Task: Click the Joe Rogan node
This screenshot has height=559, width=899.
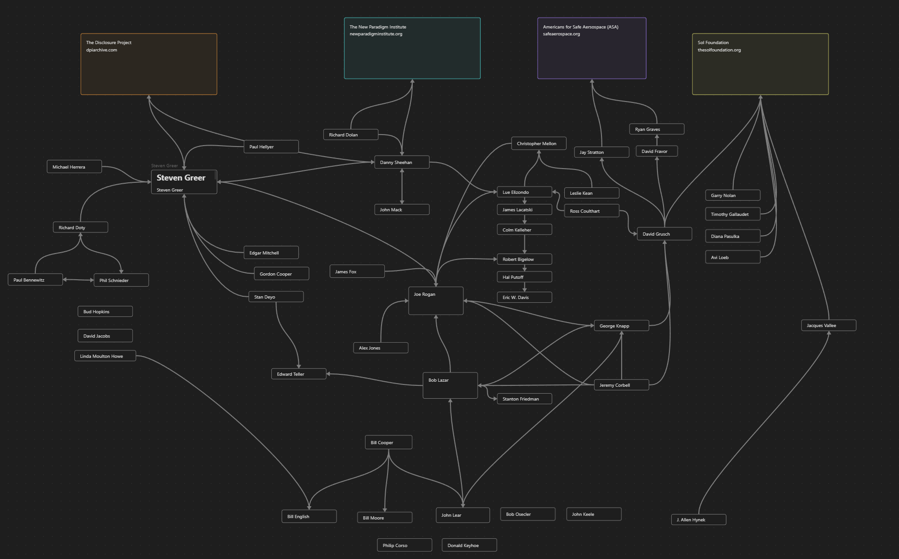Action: coord(435,300)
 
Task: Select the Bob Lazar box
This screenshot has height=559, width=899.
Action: coord(450,385)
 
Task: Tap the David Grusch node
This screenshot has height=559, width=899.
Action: coord(664,234)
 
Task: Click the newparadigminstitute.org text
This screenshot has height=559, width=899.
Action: coord(376,34)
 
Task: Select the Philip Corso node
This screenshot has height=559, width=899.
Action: coord(404,545)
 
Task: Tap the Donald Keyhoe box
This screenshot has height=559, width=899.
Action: coord(469,545)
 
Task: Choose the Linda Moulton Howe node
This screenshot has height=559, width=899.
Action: coord(105,356)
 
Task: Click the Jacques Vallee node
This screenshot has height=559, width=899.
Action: coord(828,325)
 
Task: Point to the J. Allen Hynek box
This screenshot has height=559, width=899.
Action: coord(698,519)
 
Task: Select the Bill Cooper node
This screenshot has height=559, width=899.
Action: coord(388,442)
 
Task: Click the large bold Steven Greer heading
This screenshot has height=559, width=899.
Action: coord(181,178)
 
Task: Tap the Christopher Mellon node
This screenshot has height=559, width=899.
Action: coord(539,143)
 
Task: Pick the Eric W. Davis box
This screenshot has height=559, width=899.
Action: coord(524,297)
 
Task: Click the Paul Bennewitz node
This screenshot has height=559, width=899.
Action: coord(35,280)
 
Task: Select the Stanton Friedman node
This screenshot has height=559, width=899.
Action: coord(524,399)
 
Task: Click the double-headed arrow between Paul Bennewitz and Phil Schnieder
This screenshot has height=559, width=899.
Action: coord(78,280)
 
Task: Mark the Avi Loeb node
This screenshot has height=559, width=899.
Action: coord(732,257)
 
